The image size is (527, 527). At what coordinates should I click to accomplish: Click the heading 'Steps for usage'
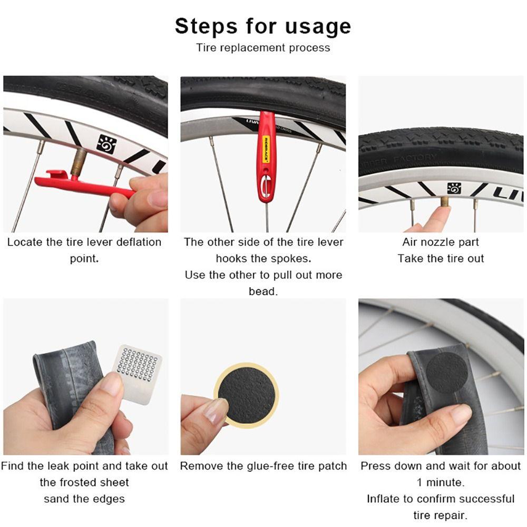pos(263,26)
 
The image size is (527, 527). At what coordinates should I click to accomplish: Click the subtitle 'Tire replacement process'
pos(263,47)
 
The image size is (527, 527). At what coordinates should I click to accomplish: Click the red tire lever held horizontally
pos(84,184)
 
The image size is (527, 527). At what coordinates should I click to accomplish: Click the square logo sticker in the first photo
pos(106,143)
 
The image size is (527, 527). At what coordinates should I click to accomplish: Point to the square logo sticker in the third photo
pos(454,188)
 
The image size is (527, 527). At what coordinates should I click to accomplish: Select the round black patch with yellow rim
pos(246,394)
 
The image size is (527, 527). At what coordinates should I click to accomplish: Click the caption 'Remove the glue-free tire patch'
pos(263,466)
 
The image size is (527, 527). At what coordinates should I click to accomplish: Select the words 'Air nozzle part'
pos(441,242)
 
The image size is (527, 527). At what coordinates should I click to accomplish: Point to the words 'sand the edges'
pos(84,499)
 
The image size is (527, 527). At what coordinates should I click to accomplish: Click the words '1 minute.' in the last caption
pos(441,482)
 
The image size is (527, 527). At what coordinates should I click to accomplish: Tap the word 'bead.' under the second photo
pos(263,291)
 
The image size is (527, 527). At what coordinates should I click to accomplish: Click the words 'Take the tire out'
pos(441,259)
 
